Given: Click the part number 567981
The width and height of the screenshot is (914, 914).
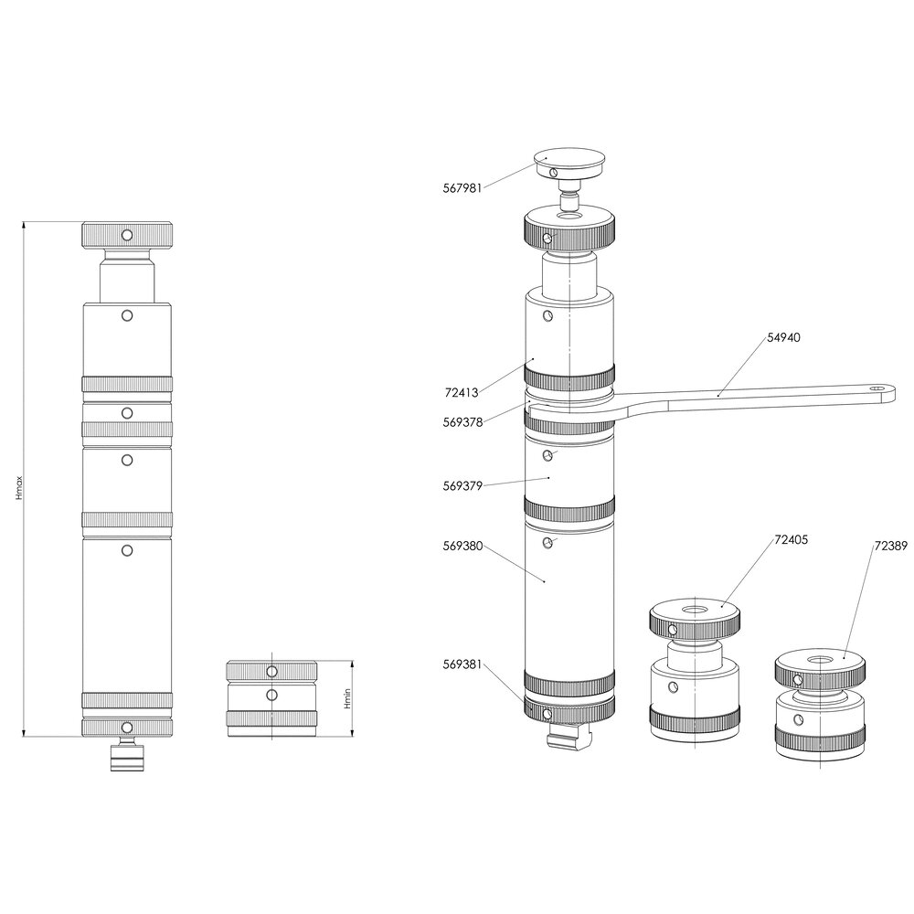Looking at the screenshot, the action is [462, 189].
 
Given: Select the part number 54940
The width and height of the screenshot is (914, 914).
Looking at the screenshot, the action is [783, 337].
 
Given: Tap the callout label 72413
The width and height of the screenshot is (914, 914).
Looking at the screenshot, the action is [462, 393].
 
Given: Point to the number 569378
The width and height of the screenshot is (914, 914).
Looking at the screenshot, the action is [462, 422].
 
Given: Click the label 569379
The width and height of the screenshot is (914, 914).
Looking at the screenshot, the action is [462, 486].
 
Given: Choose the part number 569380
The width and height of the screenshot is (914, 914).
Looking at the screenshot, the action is [462, 547].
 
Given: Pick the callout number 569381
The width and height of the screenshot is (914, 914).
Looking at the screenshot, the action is [462, 664].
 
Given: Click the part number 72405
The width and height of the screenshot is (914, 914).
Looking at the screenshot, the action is [791, 540].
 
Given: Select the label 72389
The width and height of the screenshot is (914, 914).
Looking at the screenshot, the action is [890, 547].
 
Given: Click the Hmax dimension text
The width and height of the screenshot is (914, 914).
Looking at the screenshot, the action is [19, 488].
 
